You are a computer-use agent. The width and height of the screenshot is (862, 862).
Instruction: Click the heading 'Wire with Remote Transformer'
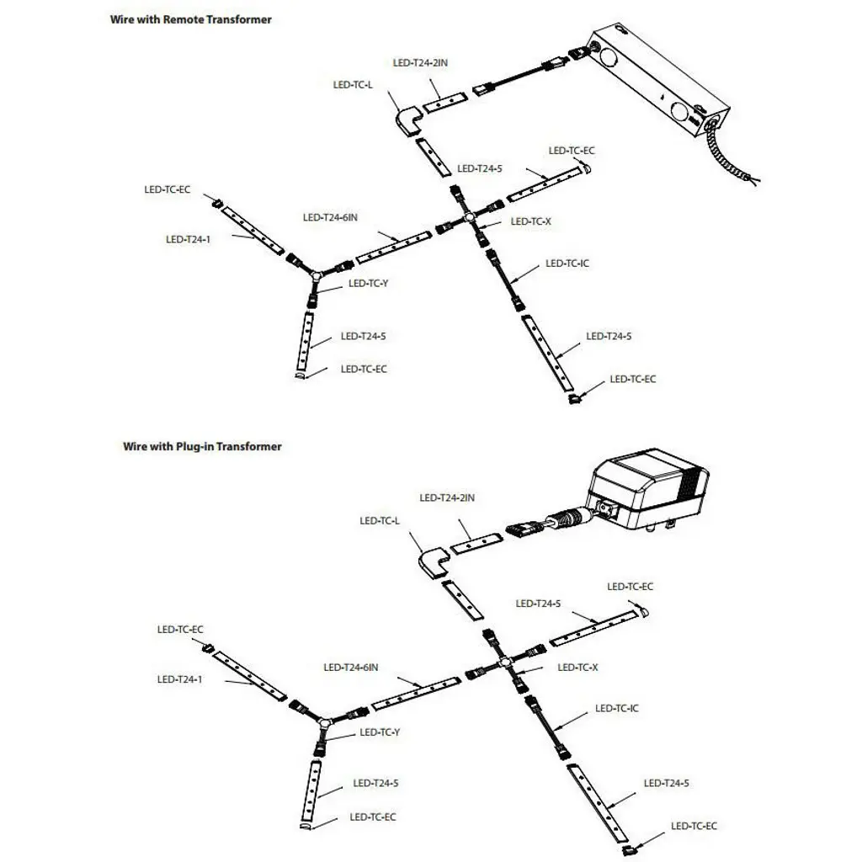click(191, 19)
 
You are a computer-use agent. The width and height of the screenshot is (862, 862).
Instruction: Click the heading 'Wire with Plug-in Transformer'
click(202, 446)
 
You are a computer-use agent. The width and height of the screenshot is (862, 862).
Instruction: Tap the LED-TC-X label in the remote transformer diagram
click(530, 221)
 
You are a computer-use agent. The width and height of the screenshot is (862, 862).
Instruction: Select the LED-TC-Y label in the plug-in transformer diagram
click(380, 732)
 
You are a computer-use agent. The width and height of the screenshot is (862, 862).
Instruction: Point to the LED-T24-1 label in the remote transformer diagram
click(188, 239)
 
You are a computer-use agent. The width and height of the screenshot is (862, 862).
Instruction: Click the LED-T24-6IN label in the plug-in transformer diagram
click(350, 668)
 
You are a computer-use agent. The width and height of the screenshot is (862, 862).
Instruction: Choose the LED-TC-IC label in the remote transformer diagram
click(567, 263)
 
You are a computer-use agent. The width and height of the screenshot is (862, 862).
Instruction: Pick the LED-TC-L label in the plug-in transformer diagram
click(380, 521)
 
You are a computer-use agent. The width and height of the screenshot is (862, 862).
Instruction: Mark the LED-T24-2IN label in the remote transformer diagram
click(420, 63)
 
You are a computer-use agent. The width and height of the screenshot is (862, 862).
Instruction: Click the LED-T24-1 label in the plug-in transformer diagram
click(179, 679)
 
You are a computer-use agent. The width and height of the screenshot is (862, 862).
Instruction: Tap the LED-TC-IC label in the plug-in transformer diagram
click(616, 709)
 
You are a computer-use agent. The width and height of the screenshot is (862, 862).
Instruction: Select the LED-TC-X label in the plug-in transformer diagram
click(577, 668)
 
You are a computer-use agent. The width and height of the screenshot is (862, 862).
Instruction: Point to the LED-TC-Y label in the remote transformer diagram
click(368, 284)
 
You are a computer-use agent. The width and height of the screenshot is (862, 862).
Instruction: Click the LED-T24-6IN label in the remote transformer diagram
click(330, 217)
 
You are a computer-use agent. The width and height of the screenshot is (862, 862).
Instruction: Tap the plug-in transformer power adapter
click(644, 492)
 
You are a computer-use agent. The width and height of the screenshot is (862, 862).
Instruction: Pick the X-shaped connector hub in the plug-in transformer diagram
click(505, 664)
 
